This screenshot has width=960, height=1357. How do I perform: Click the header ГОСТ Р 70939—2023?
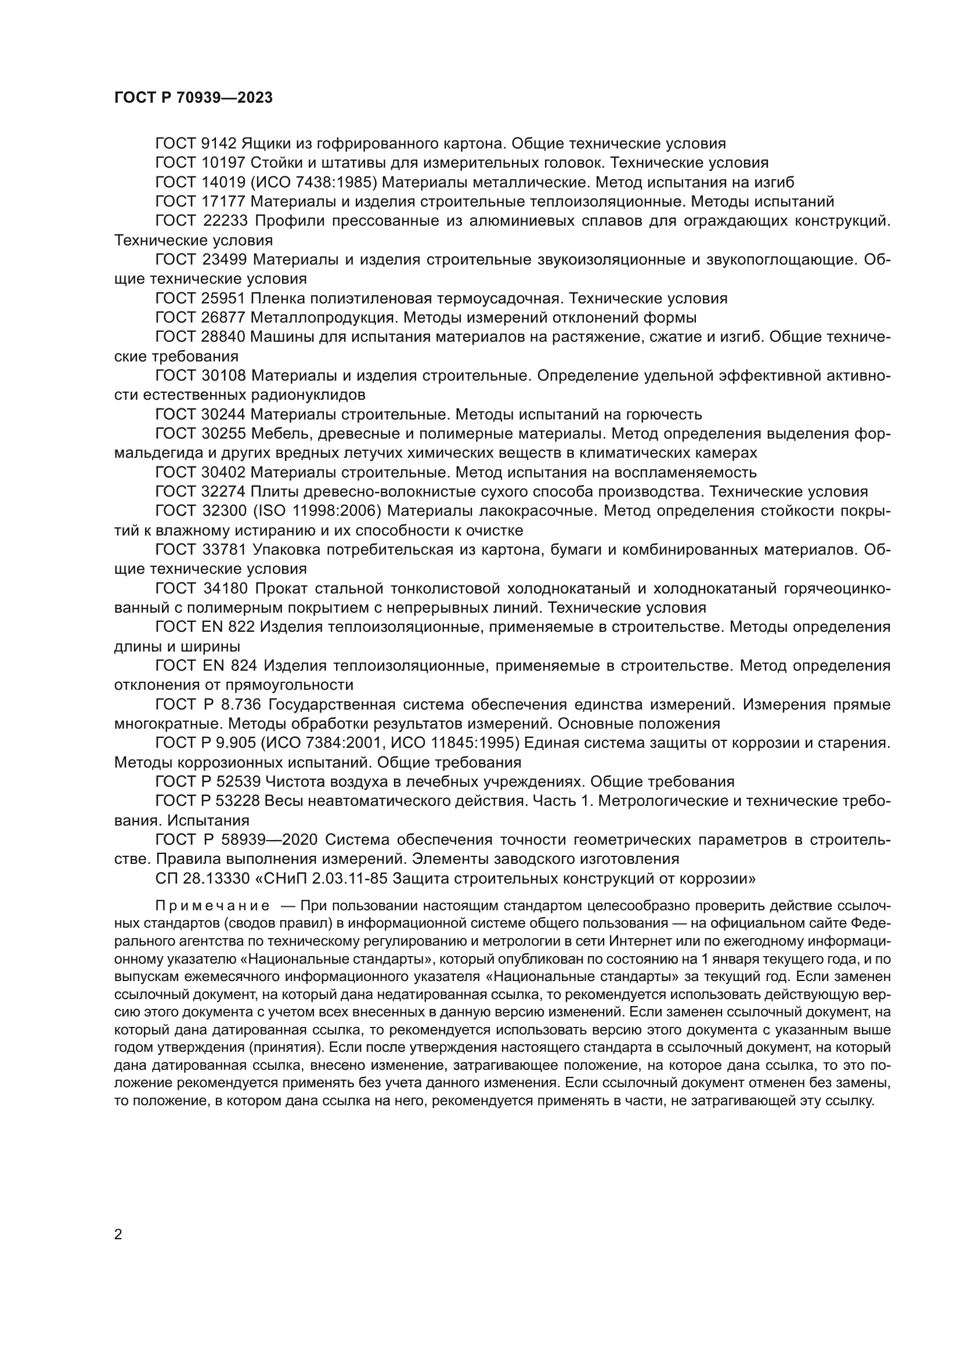(x=193, y=98)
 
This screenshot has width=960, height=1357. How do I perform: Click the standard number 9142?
(x=220, y=144)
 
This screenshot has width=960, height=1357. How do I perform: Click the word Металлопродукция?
(x=323, y=318)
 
